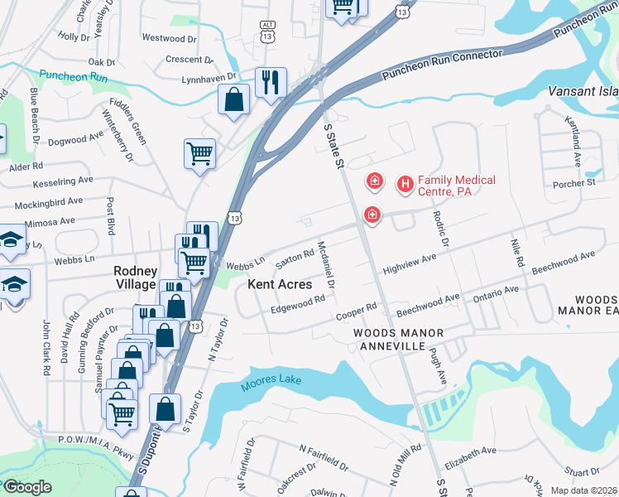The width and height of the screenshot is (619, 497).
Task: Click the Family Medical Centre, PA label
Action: point(456,186)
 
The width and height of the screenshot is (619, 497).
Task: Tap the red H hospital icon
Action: point(405,185)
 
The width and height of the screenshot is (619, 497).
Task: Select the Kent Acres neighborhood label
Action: point(280,284)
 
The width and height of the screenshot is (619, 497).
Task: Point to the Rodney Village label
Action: point(135,277)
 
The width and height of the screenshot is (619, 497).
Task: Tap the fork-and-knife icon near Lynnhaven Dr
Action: point(271,83)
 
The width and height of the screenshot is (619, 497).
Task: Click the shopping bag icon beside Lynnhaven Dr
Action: point(234,99)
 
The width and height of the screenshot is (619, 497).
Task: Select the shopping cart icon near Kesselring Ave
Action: point(199,153)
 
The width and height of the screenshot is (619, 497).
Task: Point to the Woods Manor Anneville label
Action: point(399,340)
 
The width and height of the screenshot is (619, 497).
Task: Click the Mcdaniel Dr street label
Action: point(325,266)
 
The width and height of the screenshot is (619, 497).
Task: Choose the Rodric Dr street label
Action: point(439,226)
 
